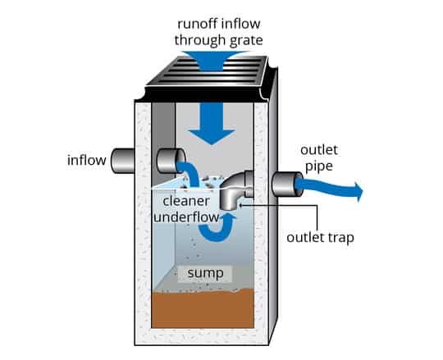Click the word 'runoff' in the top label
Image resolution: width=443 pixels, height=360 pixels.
[x=198, y=24]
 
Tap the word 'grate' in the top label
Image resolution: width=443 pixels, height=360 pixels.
[x=246, y=41]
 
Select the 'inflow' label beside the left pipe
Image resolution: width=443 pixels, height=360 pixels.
[x=87, y=161]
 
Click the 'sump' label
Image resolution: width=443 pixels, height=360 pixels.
[x=205, y=273]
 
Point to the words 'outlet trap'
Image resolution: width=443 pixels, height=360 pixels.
[x=320, y=238]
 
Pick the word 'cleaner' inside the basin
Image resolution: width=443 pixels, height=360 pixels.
[x=186, y=201]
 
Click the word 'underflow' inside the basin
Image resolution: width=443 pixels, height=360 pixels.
[x=187, y=217]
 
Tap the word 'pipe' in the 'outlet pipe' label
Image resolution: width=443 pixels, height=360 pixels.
[x=319, y=166]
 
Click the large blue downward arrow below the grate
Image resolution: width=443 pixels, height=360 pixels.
[x=212, y=123]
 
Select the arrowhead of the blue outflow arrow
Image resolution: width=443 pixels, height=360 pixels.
[x=359, y=191]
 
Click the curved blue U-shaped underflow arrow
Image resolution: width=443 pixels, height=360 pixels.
[x=217, y=228]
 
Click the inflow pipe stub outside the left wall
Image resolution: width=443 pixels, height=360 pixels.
[x=122, y=161]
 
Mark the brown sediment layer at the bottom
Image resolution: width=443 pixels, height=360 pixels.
[x=203, y=308]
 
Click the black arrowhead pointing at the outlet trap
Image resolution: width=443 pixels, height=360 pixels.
[x=241, y=205]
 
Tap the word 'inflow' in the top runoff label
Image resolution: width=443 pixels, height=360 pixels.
[x=241, y=24]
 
